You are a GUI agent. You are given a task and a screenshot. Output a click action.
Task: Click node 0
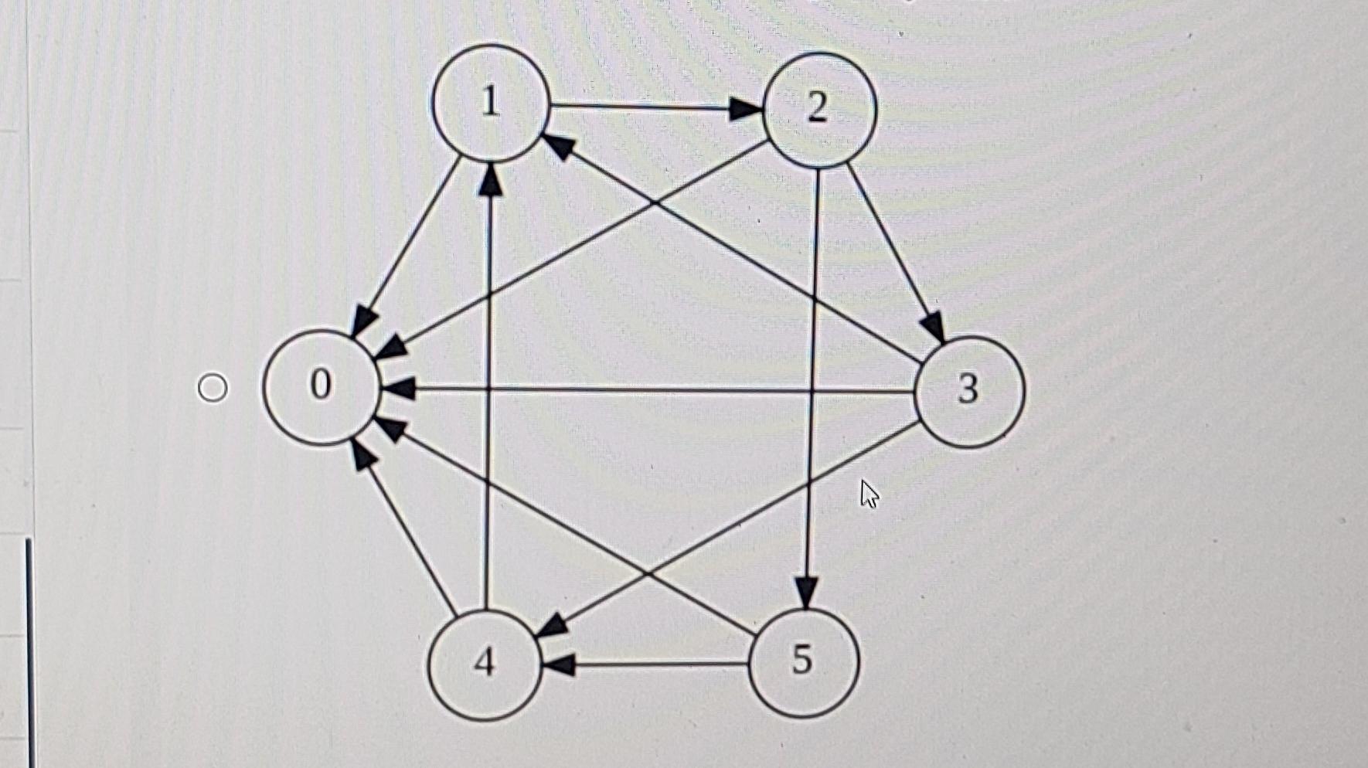coord(322,386)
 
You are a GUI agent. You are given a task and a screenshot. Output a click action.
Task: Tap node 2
coord(819,109)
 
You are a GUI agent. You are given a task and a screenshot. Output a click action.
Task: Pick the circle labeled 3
coord(969,391)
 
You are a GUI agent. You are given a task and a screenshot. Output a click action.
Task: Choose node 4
coord(485,664)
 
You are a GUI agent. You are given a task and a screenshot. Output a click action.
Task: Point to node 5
coord(803,661)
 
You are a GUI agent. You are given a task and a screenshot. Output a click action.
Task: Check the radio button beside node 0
coord(213,387)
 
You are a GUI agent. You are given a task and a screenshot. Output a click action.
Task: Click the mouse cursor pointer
coord(869,493)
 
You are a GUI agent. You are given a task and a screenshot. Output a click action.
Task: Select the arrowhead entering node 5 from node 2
coord(807,593)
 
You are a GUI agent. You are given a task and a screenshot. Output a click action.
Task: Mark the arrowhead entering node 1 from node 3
coord(558,145)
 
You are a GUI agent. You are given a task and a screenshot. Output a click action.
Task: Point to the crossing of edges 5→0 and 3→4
coord(649,574)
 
